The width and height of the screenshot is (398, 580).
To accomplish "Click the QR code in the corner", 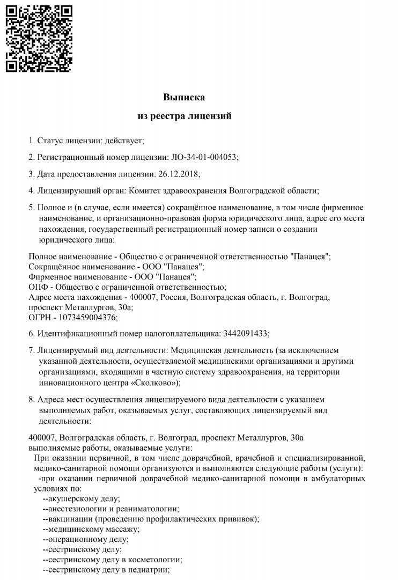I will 39,39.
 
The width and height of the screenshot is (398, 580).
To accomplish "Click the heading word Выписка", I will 184,97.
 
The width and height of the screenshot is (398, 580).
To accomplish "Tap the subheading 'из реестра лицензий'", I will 184,116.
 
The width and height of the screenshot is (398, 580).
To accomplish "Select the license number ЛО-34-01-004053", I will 204,157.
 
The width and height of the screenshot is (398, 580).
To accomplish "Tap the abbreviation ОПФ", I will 38,287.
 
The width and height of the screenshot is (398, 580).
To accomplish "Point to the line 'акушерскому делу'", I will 83,498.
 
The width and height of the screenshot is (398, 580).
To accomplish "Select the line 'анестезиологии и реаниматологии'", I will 113,509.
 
